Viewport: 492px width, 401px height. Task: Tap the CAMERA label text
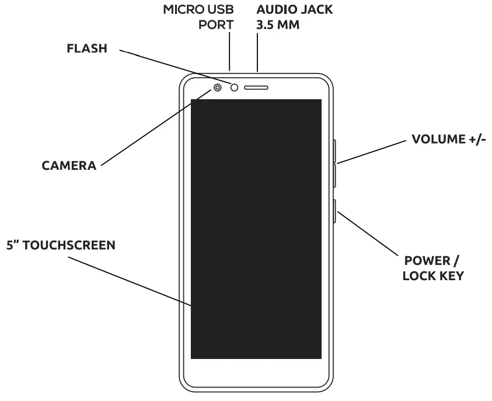(x=69, y=165)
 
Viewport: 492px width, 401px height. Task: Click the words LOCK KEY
(x=433, y=276)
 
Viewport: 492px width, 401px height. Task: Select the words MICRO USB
(x=198, y=11)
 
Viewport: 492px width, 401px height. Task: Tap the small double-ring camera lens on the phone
(x=218, y=88)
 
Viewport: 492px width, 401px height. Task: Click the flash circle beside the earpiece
(x=235, y=88)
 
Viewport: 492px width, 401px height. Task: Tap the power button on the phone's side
(x=335, y=211)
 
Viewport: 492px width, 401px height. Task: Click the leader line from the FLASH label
(x=175, y=68)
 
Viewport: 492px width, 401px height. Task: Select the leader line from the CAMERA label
(x=149, y=131)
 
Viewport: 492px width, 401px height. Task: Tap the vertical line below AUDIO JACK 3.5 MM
(x=257, y=55)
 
